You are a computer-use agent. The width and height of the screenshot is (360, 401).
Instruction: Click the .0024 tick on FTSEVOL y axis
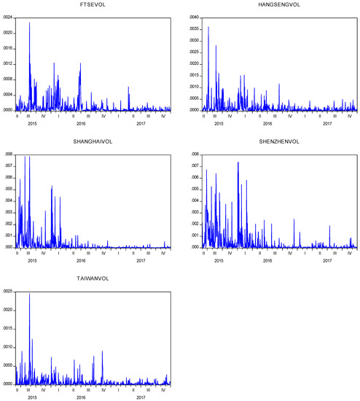click(8, 17)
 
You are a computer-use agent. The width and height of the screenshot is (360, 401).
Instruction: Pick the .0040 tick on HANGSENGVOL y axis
click(191, 17)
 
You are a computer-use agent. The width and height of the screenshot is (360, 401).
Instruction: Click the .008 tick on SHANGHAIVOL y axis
click(9, 155)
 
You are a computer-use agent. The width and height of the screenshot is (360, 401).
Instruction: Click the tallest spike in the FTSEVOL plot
click(29, 23)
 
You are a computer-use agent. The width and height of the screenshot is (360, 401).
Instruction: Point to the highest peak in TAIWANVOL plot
click(29, 294)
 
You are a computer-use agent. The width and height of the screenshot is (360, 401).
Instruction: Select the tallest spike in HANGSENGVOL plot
click(208, 28)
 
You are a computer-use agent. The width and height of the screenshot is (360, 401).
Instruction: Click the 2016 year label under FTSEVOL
click(81, 123)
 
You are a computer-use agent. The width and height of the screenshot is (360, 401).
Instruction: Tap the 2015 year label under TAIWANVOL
click(31, 397)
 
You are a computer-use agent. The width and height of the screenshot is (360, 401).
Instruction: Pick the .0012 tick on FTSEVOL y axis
click(8, 64)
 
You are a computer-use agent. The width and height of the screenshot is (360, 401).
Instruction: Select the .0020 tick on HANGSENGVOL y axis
click(191, 64)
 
